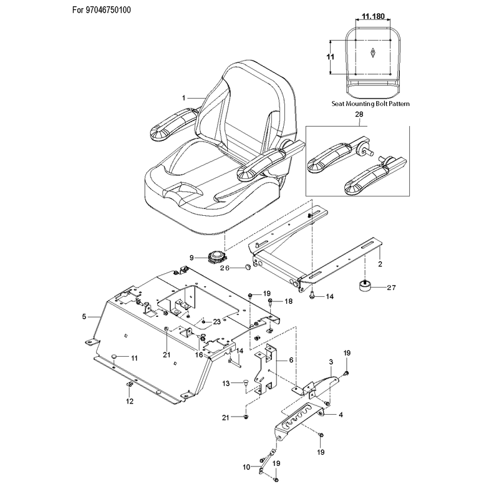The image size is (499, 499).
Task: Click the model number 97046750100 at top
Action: tap(108, 10)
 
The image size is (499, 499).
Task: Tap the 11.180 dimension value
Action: tap(373, 16)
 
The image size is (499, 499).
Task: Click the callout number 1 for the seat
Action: tap(183, 98)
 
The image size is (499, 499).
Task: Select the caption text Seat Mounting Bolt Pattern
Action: tap(371, 104)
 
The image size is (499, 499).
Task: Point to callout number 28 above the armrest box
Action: tap(359, 114)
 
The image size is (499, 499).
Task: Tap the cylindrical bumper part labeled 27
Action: tap(366, 285)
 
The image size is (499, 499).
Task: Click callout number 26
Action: tap(225, 268)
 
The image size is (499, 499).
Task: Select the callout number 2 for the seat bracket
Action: tap(380, 264)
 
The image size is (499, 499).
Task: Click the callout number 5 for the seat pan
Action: tap(84, 317)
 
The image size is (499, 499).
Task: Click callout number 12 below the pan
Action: tap(130, 401)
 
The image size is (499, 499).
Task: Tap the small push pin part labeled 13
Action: tap(246, 383)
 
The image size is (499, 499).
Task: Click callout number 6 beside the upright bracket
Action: tap(291, 360)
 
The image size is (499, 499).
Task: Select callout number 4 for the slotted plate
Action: tap(341, 415)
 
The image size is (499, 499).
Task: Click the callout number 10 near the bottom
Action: tap(246, 467)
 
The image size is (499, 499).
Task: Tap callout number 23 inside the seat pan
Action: tap(216, 322)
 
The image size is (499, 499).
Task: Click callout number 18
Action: tap(288, 301)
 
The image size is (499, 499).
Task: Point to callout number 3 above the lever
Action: tap(331, 362)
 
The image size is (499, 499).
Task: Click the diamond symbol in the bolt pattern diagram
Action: tap(372, 52)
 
